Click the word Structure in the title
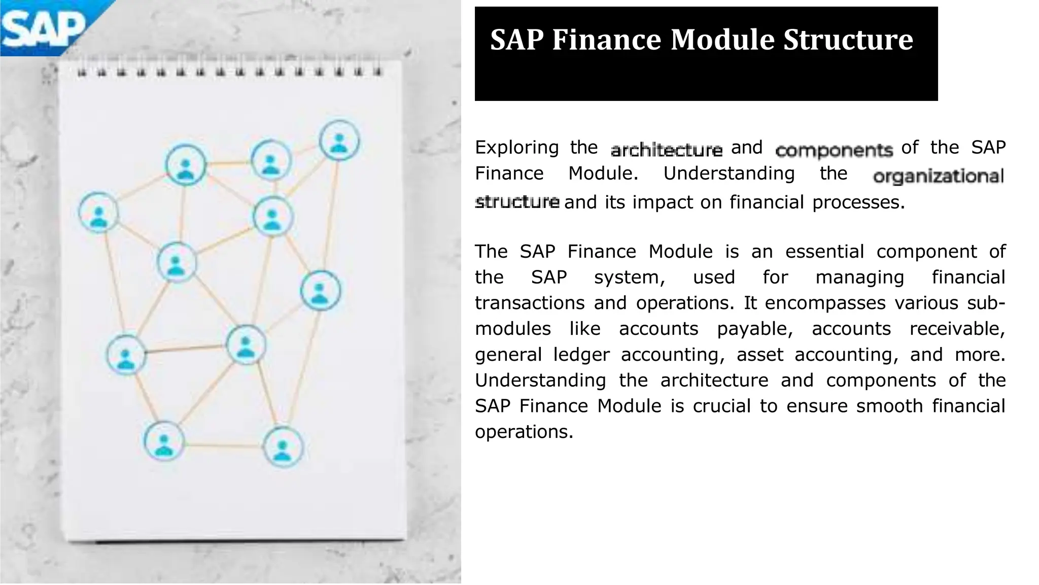click(848, 40)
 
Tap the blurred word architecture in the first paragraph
click(666, 150)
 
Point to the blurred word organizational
click(938, 176)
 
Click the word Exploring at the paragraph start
click(516, 148)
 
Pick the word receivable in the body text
click(957, 329)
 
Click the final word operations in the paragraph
click(524, 432)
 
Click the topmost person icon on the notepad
click(339, 141)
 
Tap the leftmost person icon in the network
click(99, 212)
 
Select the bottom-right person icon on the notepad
click(283, 447)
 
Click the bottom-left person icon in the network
click(163, 441)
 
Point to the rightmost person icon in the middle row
click(320, 290)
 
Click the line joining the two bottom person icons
click(223, 446)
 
